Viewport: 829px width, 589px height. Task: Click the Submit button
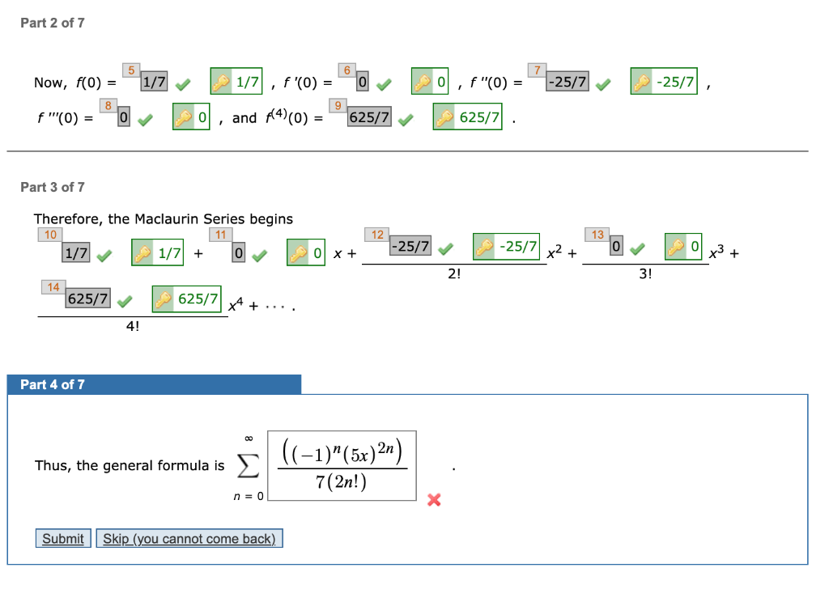63,539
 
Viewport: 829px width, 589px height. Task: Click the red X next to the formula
434,500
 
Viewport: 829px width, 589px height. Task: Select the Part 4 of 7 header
53,384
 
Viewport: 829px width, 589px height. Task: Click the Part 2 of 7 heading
53,23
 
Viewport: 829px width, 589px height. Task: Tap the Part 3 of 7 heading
53,187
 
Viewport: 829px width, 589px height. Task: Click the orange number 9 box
339,104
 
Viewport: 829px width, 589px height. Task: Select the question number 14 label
53,286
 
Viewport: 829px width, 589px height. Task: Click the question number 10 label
50,235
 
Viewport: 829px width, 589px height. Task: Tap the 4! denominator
132,326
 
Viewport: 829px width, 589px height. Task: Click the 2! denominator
454,274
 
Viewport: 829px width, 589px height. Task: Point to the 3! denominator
644,274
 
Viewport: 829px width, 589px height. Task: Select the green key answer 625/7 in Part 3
188,299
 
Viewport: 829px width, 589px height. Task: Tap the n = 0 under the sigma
249,496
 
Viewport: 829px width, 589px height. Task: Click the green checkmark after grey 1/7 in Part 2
183,83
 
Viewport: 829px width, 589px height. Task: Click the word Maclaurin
166,218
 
